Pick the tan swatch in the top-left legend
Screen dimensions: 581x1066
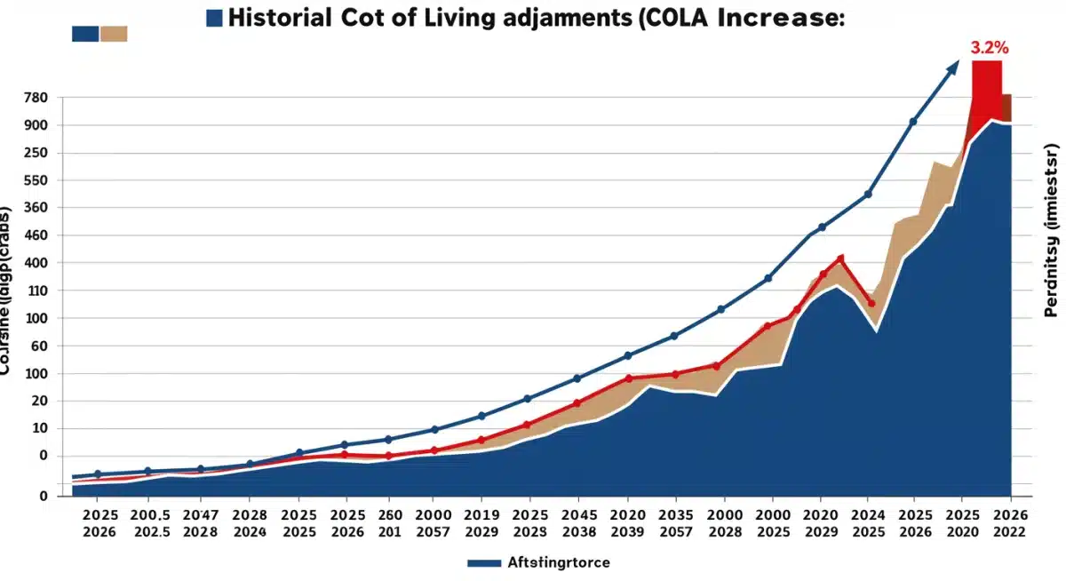114,34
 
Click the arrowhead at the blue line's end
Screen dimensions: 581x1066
953,66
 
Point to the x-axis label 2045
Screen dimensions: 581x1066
579,513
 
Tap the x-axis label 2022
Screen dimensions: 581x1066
1008,531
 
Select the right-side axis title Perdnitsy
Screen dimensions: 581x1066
1051,230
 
